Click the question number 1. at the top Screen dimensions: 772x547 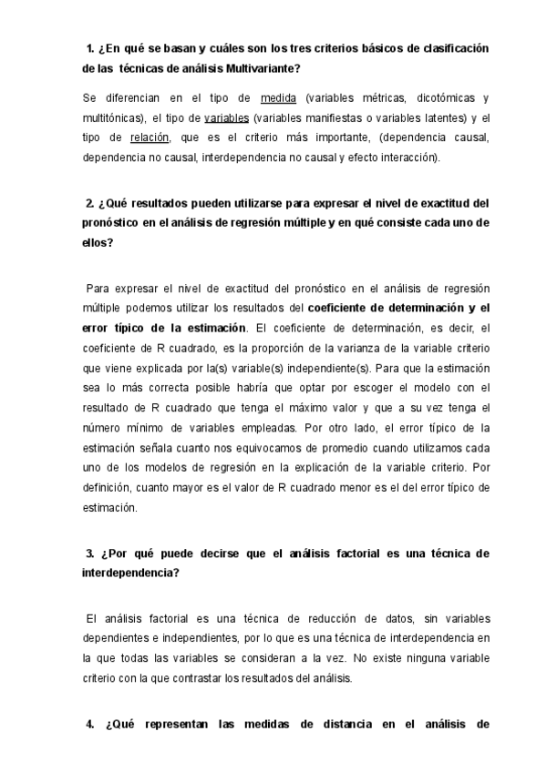tap(89, 47)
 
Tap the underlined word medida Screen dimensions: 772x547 tap(277, 97)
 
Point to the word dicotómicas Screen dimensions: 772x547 tap(433, 97)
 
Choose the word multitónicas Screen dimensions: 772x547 tap(112, 117)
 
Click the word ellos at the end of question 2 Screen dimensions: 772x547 tap(96, 242)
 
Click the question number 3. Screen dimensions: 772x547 tap(90, 553)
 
